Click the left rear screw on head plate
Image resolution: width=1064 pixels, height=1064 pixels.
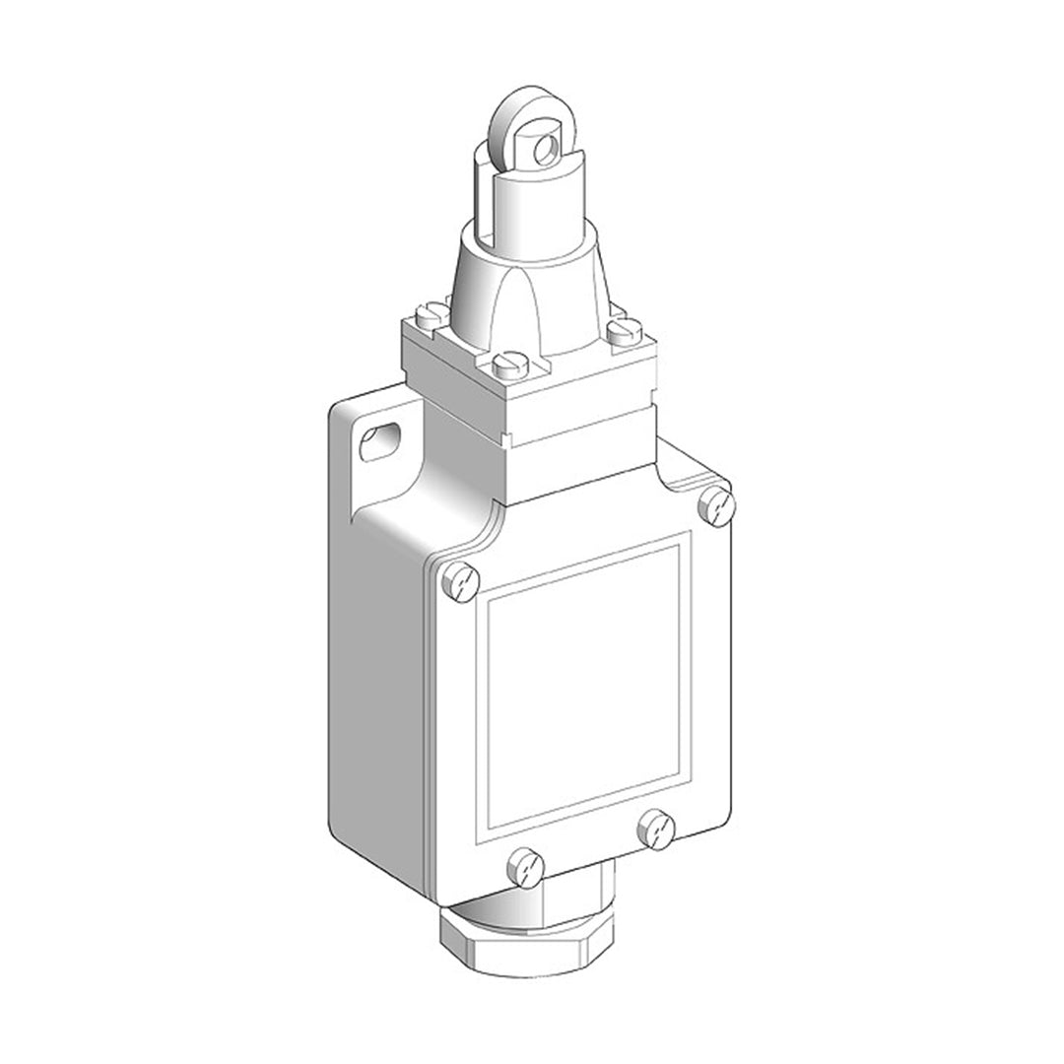click(432, 315)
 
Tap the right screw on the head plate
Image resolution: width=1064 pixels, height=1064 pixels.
click(624, 331)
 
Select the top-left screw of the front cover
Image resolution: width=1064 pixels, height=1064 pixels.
click(460, 581)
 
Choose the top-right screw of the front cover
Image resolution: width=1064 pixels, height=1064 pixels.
click(716, 506)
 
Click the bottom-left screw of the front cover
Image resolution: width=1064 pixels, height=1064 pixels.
click(525, 868)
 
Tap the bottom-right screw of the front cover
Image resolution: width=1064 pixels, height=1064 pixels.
click(655, 829)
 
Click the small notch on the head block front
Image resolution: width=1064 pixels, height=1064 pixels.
click(505, 438)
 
